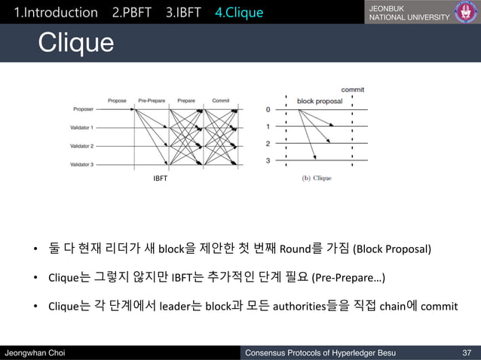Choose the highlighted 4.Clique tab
pyautogui.click(x=239, y=13)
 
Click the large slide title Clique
pyautogui.click(x=76, y=43)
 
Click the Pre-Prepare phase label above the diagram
pyautogui.click(x=152, y=99)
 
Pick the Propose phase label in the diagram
pyautogui.click(x=117, y=99)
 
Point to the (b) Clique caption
pyautogui.click(x=317, y=178)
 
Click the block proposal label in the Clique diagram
pyautogui.click(x=319, y=100)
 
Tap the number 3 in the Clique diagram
pyautogui.click(x=268, y=160)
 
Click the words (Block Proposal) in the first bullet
pyautogui.click(x=393, y=249)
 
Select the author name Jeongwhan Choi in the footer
pyautogui.click(x=36, y=352)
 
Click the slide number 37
pyautogui.click(x=466, y=352)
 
